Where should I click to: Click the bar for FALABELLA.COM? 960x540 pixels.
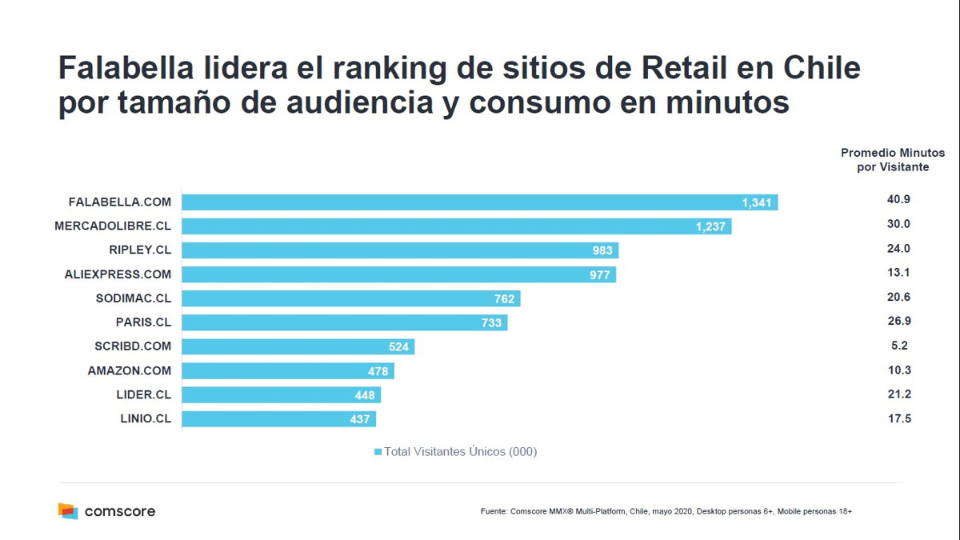click(x=480, y=202)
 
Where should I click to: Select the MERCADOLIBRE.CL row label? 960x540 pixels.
click(x=113, y=226)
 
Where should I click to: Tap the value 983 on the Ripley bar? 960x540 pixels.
click(x=602, y=250)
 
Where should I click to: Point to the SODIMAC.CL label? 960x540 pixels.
click(x=133, y=298)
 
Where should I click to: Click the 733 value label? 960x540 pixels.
click(x=491, y=322)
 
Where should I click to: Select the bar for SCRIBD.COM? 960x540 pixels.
click(x=298, y=346)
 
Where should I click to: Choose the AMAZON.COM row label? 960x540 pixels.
click(x=129, y=370)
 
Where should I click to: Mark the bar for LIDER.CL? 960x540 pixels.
click(x=281, y=394)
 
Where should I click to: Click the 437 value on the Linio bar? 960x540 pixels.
click(x=360, y=418)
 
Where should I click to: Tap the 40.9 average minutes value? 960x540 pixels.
click(x=898, y=200)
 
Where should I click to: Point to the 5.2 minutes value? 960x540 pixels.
click(x=898, y=346)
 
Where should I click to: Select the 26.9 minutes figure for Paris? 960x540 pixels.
click(x=898, y=321)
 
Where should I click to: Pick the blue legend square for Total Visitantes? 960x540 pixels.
click(x=378, y=452)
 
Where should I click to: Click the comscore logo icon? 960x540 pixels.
click(x=67, y=510)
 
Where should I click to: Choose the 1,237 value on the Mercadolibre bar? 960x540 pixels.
click(x=710, y=226)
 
